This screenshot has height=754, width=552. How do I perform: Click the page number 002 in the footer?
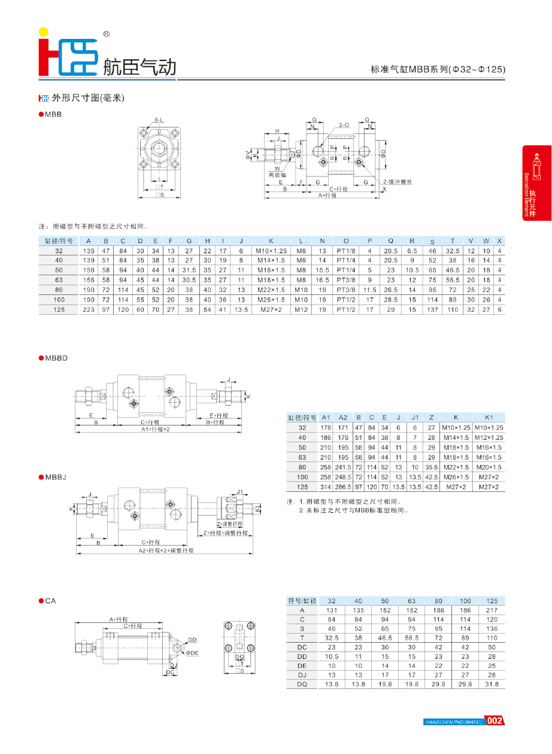[495, 720]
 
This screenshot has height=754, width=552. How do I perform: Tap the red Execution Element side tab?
[536, 183]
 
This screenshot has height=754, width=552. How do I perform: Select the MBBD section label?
[57, 358]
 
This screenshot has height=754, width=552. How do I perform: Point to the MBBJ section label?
[56, 477]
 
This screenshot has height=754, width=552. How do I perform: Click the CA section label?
[50, 601]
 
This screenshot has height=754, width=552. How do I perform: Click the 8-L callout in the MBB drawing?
[159, 120]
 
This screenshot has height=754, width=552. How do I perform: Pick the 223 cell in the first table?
[89, 310]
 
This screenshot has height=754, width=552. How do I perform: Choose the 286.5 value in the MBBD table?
[343, 487]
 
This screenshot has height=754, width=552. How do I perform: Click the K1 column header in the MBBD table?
[489, 417]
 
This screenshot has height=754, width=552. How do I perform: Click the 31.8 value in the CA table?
[492, 683]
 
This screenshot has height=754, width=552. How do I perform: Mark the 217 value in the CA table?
[492, 610]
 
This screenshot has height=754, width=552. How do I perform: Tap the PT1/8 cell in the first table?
[346, 251]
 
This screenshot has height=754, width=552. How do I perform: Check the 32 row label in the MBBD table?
[302, 427]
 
